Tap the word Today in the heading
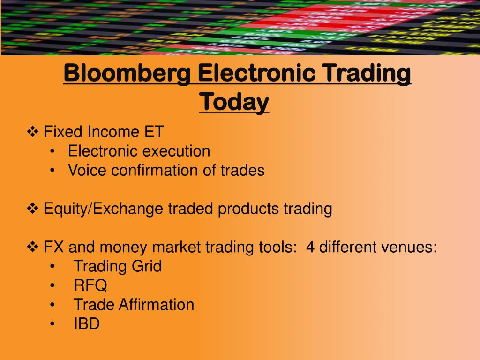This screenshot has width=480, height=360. click(234, 101)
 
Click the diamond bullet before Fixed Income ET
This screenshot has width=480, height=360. click(34, 132)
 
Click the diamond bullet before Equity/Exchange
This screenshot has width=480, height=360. click(34, 209)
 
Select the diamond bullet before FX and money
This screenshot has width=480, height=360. click(34, 247)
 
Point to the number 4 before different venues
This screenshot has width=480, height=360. click(310, 247)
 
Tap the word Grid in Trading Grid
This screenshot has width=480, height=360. click(146, 267)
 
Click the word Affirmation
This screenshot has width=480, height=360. click(156, 305)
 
